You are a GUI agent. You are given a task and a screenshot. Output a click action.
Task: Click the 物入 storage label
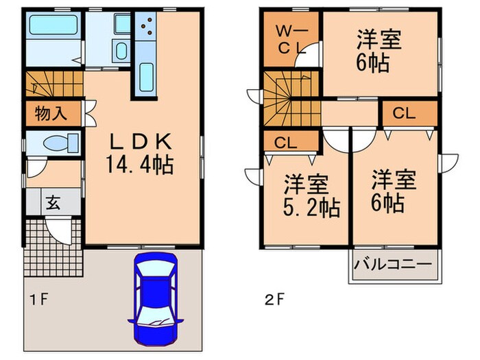click(x=51, y=113)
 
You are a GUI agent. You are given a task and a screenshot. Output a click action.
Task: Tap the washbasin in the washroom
click(x=121, y=51)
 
